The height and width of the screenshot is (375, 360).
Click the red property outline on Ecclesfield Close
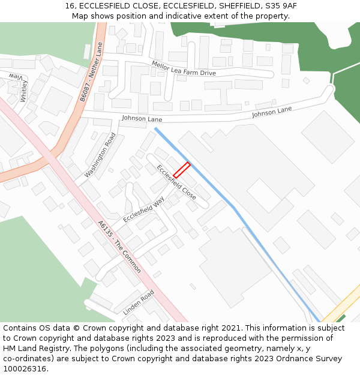(182, 169)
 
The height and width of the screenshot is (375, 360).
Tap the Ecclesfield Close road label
(176, 182)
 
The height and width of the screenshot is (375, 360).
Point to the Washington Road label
(100, 155)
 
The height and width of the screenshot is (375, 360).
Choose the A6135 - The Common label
(119, 247)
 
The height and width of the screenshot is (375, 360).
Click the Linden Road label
(139, 303)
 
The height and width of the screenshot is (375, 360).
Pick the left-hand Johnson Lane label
(142, 119)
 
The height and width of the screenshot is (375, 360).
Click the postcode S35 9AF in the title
(280, 6)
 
